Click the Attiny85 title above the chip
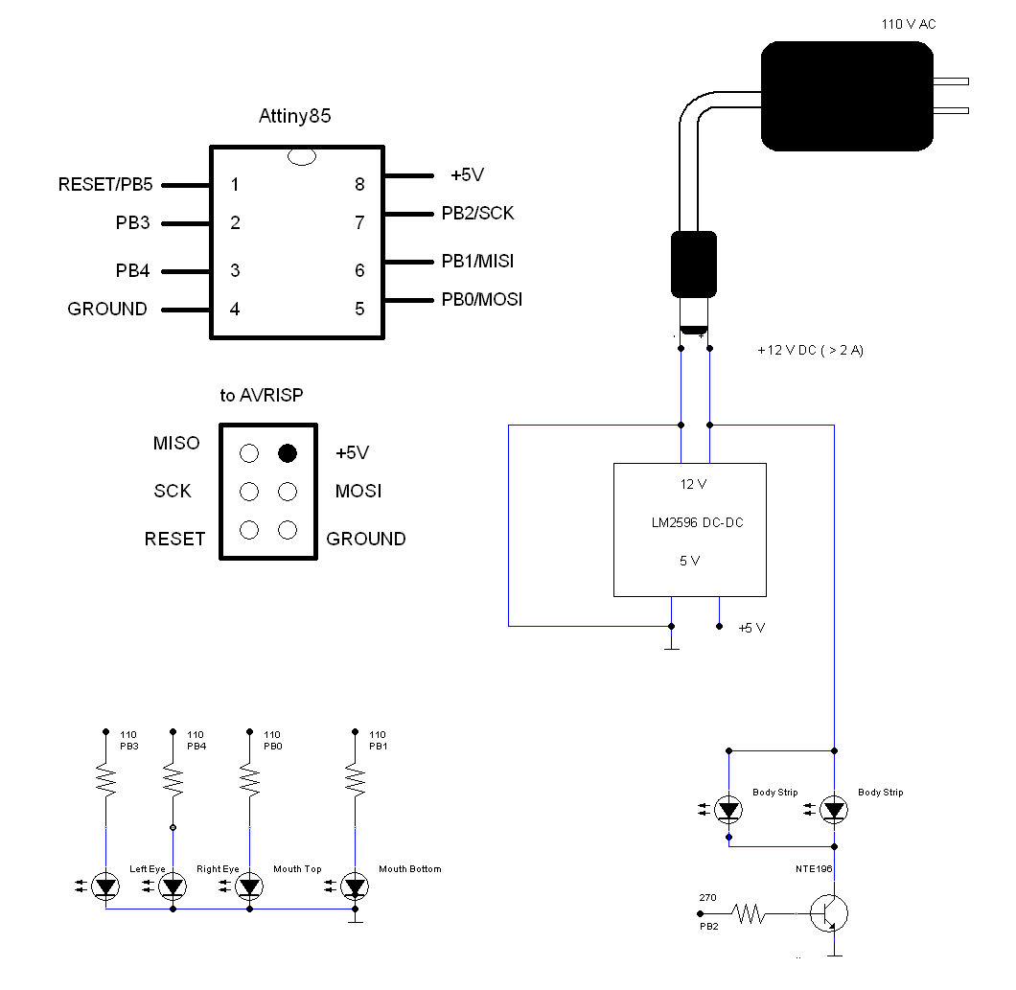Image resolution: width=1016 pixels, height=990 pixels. pos(294,117)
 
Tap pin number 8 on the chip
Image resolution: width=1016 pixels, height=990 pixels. pos(359,185)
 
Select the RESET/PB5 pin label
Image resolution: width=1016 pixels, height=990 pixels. pos(105,184)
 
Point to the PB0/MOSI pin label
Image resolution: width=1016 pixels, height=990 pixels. pos(482,299)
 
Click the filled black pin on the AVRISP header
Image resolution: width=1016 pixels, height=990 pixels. pos(287,453)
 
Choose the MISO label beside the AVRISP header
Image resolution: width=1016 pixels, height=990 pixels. pos(176,444)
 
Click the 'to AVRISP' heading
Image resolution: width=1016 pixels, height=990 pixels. pos(262,396)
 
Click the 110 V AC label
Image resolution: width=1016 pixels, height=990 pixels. pos(909,24)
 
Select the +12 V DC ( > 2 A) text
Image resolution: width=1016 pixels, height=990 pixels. pos(810,351)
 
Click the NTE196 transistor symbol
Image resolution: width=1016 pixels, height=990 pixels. pos(828,913)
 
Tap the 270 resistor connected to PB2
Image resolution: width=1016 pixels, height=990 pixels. pos(749,914)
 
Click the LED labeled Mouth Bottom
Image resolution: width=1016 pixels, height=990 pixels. pos(356,887)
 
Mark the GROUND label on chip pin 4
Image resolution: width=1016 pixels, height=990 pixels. pos(107,309)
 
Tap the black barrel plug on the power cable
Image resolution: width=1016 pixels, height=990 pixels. pos(694,265)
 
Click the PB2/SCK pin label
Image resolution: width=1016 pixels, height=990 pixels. pos(477,213)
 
